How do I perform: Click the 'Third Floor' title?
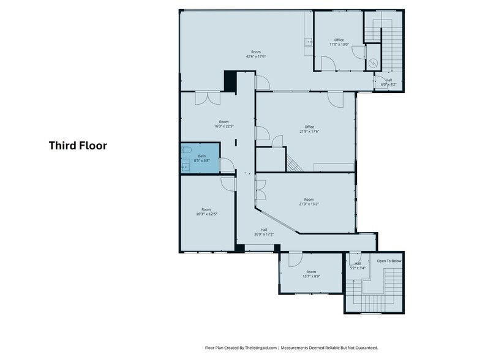point(78,146)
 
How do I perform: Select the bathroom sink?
point(186,166)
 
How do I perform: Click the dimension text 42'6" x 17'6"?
point(256,56)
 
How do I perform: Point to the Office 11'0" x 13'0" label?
point(339,42)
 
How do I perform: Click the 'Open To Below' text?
point(389,261)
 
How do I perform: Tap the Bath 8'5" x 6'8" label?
point(202,158)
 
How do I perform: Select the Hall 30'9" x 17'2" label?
point(264,232)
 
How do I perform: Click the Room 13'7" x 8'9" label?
point(311,274)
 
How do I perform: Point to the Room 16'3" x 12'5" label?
point(206,212)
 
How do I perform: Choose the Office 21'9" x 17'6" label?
point(309,129)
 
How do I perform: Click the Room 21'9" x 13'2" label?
point(309,202)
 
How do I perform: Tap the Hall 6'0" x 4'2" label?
point(388,82)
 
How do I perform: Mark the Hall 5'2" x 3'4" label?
point(358,266)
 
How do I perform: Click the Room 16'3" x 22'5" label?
point(224,124)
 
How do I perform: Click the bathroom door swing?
point(227,165)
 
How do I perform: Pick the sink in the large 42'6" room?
point(308,42)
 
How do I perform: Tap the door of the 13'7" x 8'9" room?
point(296,259)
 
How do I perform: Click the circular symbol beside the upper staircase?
point(374,63)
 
